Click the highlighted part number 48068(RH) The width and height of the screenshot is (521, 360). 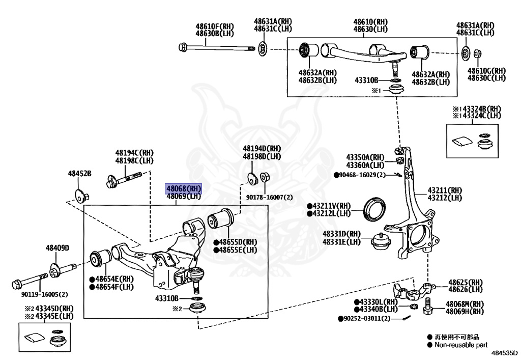(183, 188)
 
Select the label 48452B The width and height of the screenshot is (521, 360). (80, 174)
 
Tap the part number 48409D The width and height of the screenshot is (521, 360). (57, 248)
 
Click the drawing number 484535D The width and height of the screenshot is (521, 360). (504, 352)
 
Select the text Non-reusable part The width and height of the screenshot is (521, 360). (460, 345)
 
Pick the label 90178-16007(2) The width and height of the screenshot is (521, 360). (270, 197)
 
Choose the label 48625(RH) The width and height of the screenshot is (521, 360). (465, 282)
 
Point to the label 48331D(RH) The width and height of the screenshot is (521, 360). (341, 234)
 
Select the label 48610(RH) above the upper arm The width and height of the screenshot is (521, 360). (370, 22)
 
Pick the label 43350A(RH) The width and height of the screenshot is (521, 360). (365, 157)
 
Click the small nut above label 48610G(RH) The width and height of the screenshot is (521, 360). (478, 53)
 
